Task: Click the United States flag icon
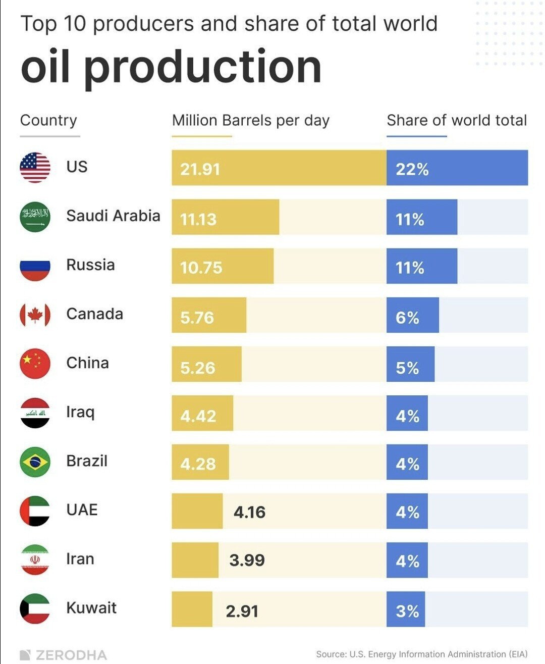click(35, 167)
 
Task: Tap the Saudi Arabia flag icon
click(35, 217)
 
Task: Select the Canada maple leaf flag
click(35, 315)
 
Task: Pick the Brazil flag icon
click(35, 462)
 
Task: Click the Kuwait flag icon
click(35, 608)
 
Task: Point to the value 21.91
click(200, 169)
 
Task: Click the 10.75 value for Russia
click(201, 267)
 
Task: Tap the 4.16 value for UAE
click(249, 512)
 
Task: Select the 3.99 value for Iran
click(247, 560)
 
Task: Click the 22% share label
click(412, 169)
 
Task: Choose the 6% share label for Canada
click(407, 318)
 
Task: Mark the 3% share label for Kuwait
click(407, 611)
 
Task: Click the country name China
click(87, 363)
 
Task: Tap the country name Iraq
click(80, 412)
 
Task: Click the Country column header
click(48, 120)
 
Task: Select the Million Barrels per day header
click(250, 120)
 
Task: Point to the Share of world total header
click(457, 120)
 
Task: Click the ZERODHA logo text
click(64, 655)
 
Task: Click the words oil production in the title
click(171, 67)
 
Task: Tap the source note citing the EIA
click(421, 654)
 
